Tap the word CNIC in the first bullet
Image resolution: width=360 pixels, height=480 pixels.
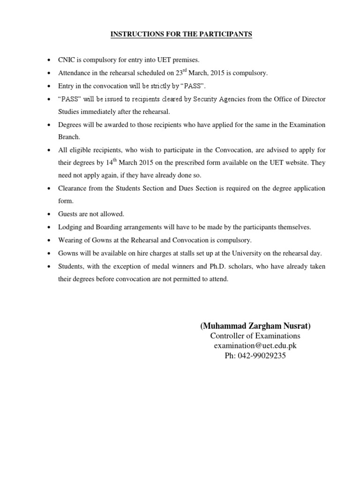click(67, 60)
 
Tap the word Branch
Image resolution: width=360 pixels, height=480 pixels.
click(69, 138)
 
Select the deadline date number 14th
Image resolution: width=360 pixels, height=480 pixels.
click(122, 163)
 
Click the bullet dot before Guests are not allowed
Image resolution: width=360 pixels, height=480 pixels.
click(50, 214)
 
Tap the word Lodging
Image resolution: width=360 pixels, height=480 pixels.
click(71, 227)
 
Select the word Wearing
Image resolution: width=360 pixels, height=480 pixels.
click(72, 240)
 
